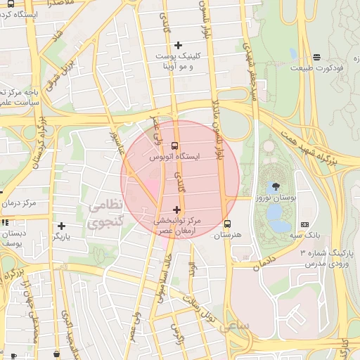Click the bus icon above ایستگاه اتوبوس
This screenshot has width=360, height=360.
pyautogui.click(x=175, y=146)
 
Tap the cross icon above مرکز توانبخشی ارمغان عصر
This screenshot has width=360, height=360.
pyautogui.click(x=176, y=209)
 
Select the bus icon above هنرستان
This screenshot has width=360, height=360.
pyautogui.click(x=226, y=224)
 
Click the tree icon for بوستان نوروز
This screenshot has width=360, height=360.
pyautogui.click(x=274, y=186)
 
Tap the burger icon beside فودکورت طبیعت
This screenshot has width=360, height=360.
pyautogui.click(x=317, y=57)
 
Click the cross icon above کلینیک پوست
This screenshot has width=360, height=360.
pyautogui.click(x=178, y=45)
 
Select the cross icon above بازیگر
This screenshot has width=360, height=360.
pyautogui.click(x=63, y=226)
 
